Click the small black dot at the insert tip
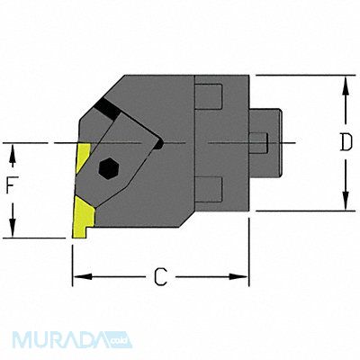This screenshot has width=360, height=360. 159,143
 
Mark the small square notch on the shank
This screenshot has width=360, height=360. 258,142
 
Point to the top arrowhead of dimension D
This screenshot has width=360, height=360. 345,82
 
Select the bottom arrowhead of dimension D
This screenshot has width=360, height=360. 345,205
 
